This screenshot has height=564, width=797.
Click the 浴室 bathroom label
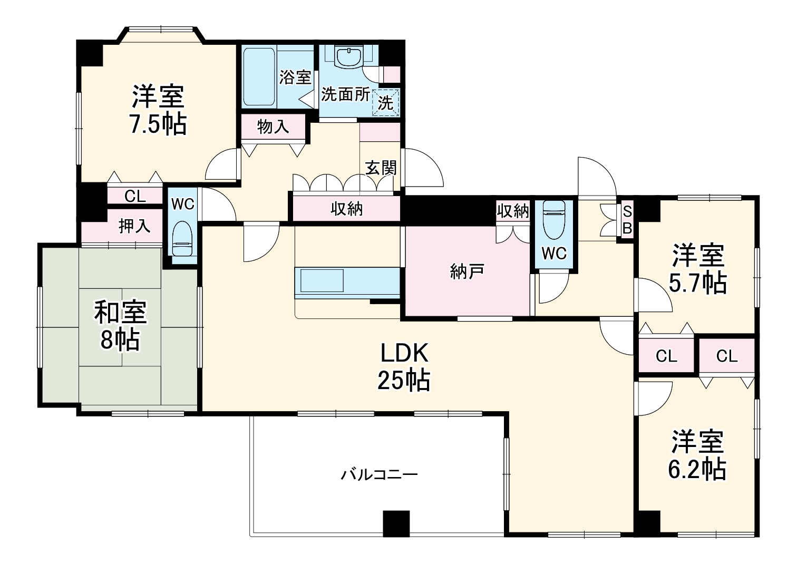pos(295,77)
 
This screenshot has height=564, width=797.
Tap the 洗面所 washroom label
pos(345,95)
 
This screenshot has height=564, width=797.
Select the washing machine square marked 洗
pos(386,102)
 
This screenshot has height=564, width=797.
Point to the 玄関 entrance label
pos(381,168)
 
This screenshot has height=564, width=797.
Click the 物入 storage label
pos(273,127)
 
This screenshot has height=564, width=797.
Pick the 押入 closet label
pos(134,226)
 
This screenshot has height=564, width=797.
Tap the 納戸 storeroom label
pos(467,272)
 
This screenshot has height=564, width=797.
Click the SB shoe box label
pos(627,220)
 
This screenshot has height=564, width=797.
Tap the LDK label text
pos(404,353)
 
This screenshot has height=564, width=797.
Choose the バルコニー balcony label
pos(380,475)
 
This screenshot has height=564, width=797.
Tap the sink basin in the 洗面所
pos(349,57)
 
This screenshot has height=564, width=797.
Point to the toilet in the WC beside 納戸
pos(555,220)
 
